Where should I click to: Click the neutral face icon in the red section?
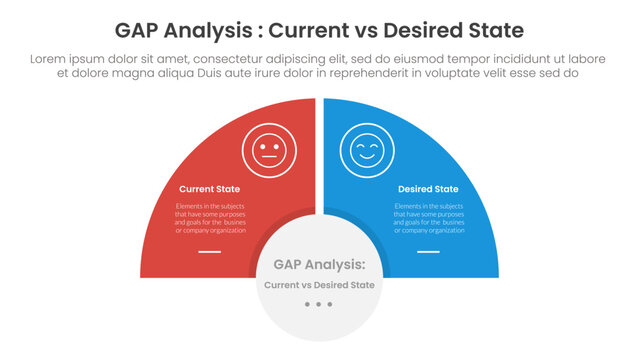[x=267, y=151]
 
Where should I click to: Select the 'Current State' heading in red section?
[x=208, y=189]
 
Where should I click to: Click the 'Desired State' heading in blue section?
[x=428, y=189]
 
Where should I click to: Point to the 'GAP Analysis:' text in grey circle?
[x=319, y=265]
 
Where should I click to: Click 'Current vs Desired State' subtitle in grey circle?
[x=319, y=285]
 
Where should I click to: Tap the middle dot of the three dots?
[x=319, y=304]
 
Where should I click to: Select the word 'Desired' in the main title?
[x=425, y=28]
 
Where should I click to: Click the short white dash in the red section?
[x=209, y=252]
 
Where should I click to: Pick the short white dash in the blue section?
[x=428, y=252]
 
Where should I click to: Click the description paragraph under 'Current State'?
[x=209, y=218]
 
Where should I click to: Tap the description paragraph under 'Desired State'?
[x=428, y=218]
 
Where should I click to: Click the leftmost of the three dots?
[x=307, y=304]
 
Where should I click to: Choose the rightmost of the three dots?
[x=331, y=304]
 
